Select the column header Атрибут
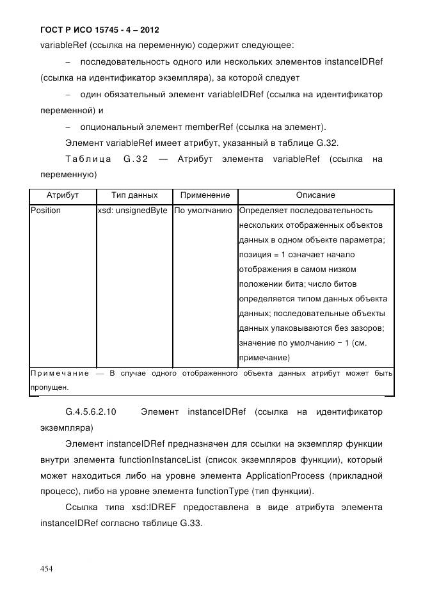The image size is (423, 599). [62, 195]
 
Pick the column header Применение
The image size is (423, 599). [205, 195]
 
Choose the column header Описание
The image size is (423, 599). [315, 195]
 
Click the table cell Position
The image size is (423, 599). [46, 211]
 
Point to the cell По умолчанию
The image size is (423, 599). [204, 211]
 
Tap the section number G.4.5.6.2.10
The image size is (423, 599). [91, 411]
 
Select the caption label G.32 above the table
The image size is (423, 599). [136, 159]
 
